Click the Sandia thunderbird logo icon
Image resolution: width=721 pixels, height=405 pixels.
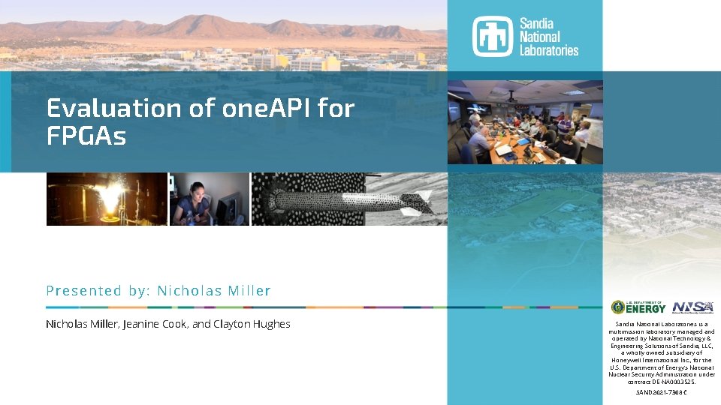point(492,36)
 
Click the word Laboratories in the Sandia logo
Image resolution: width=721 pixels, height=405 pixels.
point(549,50)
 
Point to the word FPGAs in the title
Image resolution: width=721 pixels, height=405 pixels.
point(86,136)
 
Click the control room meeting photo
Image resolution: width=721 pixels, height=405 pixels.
point(525,121)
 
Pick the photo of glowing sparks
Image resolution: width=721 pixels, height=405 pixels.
point(106,199)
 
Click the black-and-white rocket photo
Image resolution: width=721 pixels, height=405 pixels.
point(349,199)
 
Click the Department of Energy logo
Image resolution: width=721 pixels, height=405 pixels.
point(638,307)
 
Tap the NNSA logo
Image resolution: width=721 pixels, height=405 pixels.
point(692,307)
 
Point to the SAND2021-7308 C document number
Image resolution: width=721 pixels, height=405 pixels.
point(662,392)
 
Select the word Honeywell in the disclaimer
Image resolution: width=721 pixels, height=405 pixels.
point(628,360)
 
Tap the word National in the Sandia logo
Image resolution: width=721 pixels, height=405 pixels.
point(539,37)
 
